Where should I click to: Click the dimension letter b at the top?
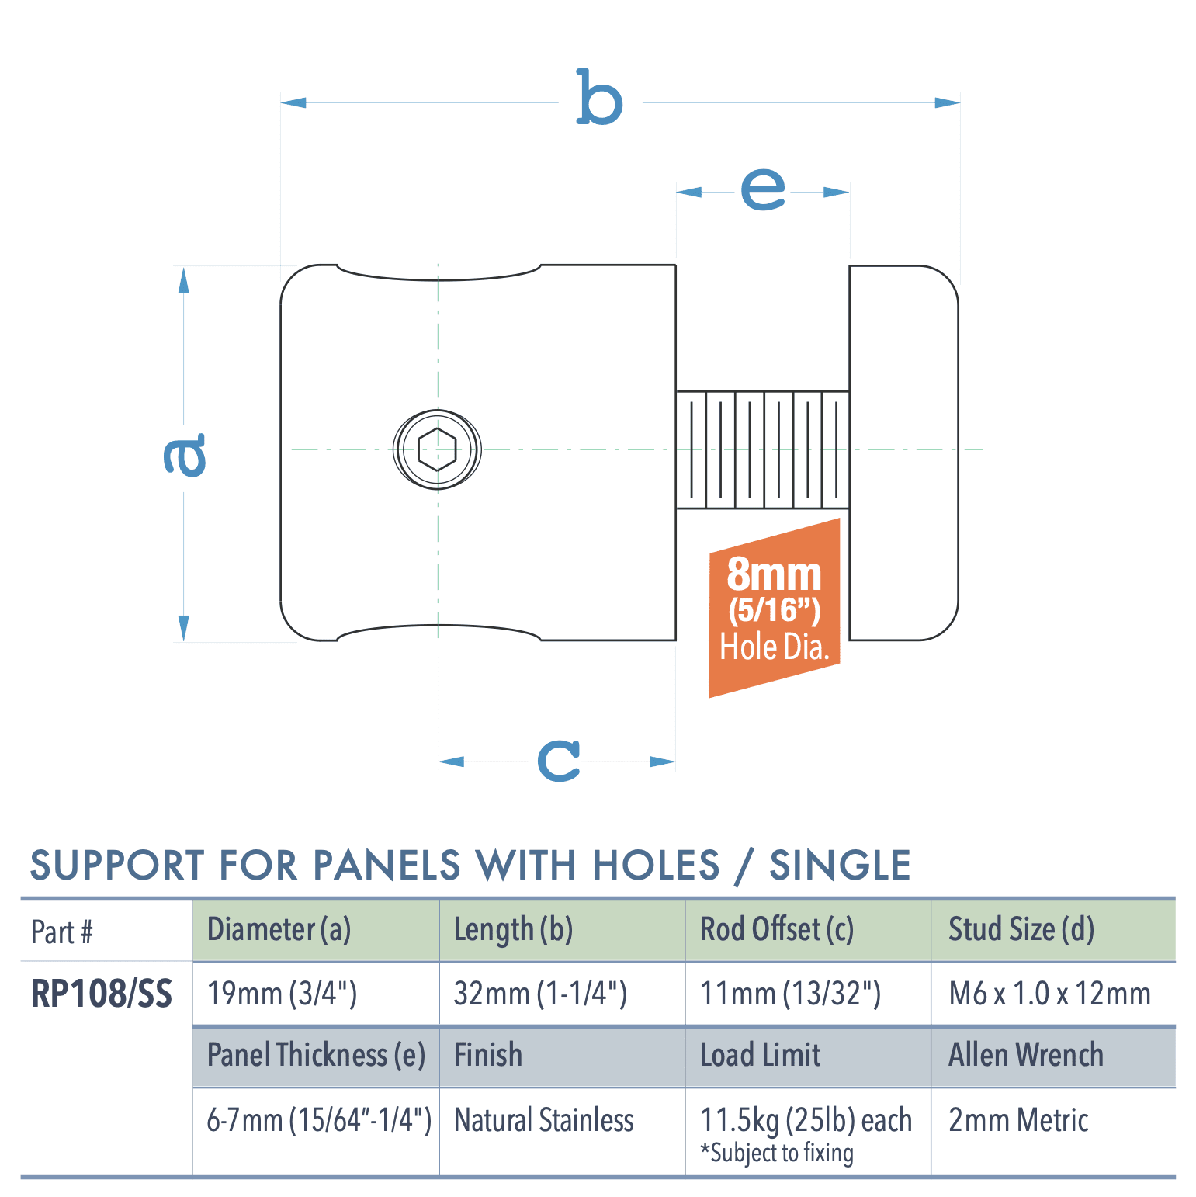599,99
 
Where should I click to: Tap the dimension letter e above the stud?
762,189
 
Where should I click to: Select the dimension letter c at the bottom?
559,760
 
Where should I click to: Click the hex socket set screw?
437,449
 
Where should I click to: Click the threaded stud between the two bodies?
762,449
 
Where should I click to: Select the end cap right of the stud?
903,453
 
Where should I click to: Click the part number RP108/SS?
102,994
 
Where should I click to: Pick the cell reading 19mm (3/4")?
283,994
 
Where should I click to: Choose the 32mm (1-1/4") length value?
540,994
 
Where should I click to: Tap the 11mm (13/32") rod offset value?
790,994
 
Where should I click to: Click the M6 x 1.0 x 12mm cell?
1049,994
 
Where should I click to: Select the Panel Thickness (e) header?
316,1056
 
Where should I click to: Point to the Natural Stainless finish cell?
544,1120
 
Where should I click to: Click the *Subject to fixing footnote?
777,1154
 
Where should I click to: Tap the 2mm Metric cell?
1018,1120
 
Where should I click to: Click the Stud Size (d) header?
1021,930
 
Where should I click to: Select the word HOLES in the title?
657,866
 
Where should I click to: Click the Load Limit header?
761,1056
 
